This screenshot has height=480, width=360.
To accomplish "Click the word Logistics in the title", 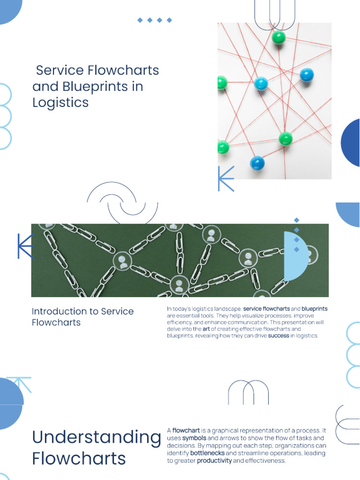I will click(60, 103).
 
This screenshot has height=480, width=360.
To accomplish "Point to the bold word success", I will click(278, 336).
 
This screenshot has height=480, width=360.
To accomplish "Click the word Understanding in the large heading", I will click(96, 437).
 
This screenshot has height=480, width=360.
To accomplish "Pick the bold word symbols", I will click(194, 438).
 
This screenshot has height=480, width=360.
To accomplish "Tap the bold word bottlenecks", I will click(207, 453).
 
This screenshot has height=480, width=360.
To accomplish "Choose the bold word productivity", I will click(214, 461).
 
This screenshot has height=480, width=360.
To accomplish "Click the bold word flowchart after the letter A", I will click(186, 430).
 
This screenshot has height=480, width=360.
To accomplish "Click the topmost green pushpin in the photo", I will click(279, 37).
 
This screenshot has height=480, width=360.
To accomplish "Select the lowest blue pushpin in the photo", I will click(257, 163).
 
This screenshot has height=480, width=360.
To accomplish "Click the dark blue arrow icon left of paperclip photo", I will click(25, 246).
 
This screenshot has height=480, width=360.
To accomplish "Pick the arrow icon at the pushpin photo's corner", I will click(225, 179).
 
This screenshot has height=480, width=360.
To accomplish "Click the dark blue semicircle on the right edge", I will click(352, 142).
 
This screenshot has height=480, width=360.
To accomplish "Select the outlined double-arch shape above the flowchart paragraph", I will click(248, 393).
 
